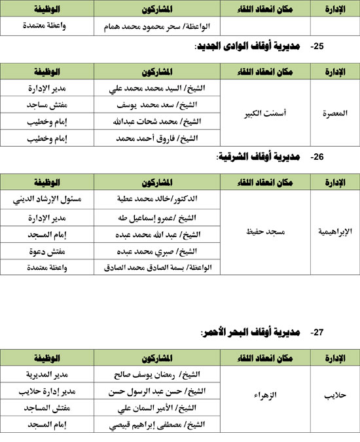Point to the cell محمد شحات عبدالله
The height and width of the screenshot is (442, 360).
157,122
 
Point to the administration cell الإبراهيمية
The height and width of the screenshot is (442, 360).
334,232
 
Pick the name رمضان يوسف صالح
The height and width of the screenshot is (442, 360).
157,373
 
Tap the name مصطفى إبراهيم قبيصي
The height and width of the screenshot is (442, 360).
157,425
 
